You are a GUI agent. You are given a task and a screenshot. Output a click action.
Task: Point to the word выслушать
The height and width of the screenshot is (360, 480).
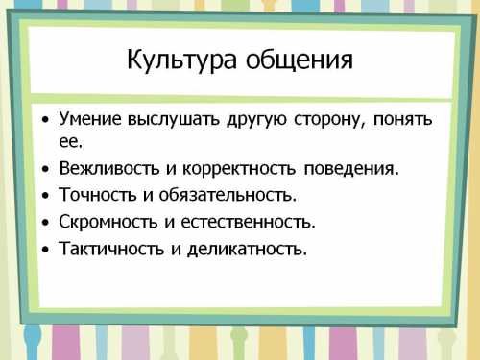click(174, 120)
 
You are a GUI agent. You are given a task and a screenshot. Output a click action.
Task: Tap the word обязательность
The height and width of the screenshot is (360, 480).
click(229, 196)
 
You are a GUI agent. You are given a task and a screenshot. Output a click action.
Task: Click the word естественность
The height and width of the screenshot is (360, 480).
click(250, 223)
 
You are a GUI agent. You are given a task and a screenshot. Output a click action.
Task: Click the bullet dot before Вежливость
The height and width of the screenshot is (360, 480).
click(45, 170)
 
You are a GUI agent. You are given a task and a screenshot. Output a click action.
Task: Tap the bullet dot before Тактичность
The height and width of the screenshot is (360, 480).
click(45, 251)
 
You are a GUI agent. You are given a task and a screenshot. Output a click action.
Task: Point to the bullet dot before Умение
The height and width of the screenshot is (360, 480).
click(45, 121)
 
